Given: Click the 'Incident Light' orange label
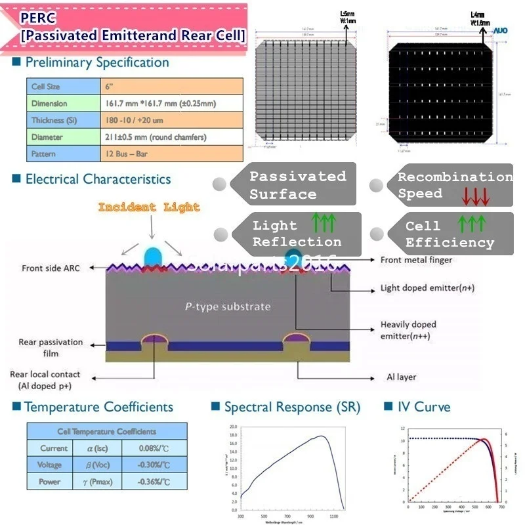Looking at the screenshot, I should (150, 207).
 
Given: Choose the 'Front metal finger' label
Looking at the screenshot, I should (415, 260).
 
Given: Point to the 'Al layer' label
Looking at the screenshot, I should (402, 377).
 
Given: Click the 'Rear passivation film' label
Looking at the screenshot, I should (51, 348).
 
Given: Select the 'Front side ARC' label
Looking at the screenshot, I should (52, 268).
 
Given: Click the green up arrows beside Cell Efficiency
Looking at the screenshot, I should (471, 225).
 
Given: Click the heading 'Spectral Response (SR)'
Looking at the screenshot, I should (292, 407).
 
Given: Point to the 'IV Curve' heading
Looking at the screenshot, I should (424, 407).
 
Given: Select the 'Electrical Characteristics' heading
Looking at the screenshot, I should (98, 179).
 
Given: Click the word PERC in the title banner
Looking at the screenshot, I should (37, 16).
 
